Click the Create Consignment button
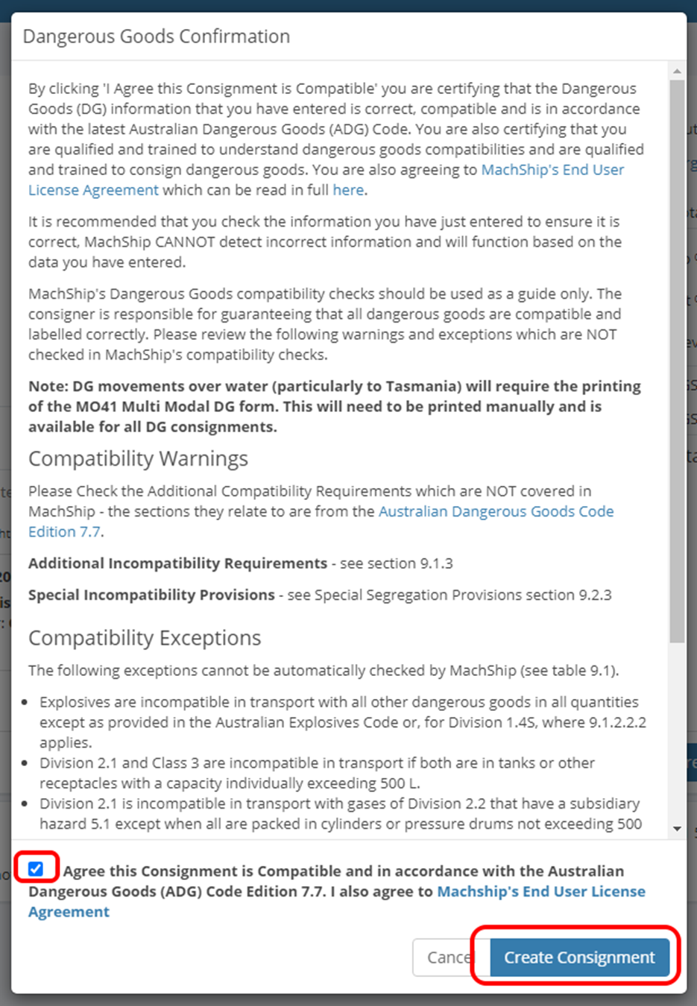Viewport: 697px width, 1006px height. coord(579,958)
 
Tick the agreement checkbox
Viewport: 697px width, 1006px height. coord(36,869)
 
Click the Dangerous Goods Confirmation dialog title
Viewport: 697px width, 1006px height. coord(157,37)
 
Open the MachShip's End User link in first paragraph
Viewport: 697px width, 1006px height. coord(552,170)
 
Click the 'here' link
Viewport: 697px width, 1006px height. coord(348,190)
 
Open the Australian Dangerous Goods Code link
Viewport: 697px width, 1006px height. coord(496,512)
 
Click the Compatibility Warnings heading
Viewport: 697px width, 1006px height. coord(138,459)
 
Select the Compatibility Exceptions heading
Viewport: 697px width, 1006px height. coord(145,639)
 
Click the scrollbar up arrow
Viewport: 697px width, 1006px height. coord(677,72)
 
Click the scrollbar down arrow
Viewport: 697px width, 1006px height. coord(677,828)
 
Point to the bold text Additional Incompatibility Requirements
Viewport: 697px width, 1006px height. coord(177,563)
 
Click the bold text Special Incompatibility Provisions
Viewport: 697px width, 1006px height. coord(151,595)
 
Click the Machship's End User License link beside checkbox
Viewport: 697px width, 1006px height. coord(540,892)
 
